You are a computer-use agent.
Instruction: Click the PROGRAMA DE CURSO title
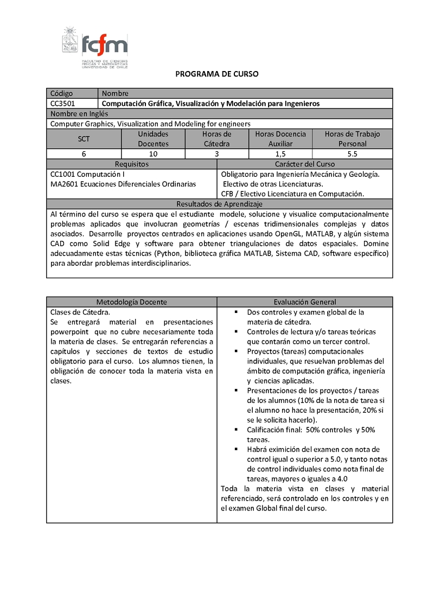click(x=217, y=74)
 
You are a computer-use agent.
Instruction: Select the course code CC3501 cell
click(x=62, y=103)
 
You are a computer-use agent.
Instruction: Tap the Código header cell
click(x=61, y=93)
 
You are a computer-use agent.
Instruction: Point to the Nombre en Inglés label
click(x=79, y=113)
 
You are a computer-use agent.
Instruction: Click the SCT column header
click(x=84, y=139)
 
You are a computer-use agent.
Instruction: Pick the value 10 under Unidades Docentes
click(x=153, y=154)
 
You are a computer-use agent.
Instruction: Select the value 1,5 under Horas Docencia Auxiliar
click(x=280, y=154)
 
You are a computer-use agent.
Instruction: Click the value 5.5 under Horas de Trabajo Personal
click(x=352, y=154)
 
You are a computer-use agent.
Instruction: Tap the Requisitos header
click(x=131, y=164)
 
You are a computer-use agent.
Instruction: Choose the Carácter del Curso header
click(x=304, y=164)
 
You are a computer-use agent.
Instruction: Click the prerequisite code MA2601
click(x=62, y=184)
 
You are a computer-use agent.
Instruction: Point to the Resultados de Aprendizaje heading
click(x=219, y=204)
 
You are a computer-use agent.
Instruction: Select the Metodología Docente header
click(x=131, y=302)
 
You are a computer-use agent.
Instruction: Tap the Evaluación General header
click(x=304, y=302)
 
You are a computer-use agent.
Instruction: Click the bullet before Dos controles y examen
click(x=237, y=312)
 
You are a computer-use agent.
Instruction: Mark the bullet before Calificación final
click(x=237, y=429)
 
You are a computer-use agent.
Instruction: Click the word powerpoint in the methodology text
click(x=71, y=331)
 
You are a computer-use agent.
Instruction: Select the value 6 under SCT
click(x=84, y=154)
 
